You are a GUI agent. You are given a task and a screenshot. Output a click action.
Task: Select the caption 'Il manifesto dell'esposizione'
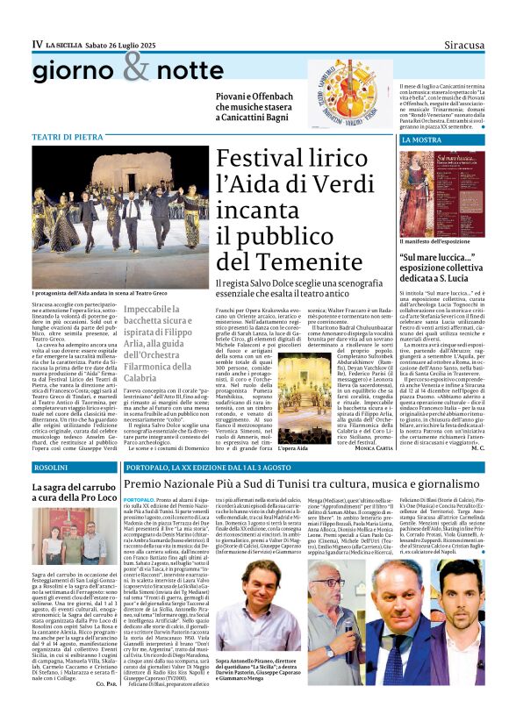coord(437,240)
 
